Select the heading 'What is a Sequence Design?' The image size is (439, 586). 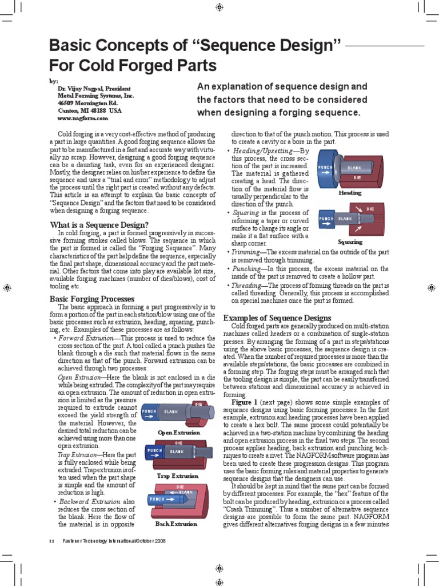point(99,224)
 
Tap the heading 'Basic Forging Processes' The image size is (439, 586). point(92,299)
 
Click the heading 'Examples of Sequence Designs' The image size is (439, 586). point(277,318)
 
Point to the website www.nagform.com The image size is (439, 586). point(82,118)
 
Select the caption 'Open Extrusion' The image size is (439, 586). point(178,433)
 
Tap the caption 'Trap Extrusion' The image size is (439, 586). point(178,476)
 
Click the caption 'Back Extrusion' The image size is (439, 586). point(176,524)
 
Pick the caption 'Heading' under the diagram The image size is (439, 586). point(350,193)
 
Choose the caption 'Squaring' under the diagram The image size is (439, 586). point(350,241)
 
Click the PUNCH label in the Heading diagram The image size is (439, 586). point(325,168)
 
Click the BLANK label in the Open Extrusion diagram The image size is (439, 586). point(170,411)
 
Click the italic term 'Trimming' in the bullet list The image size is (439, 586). point(246,252)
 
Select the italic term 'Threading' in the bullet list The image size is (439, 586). point(248,284)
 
